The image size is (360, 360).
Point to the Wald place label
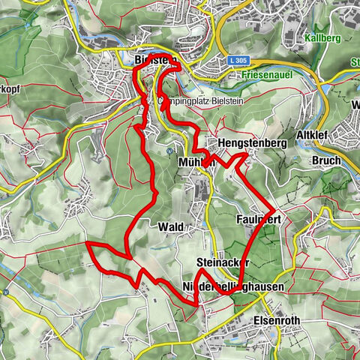click(170, 226)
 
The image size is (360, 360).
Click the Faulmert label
click(257, 219)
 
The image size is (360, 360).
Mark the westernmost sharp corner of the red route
click(88, 244)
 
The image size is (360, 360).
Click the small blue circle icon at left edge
click(5, 292)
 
